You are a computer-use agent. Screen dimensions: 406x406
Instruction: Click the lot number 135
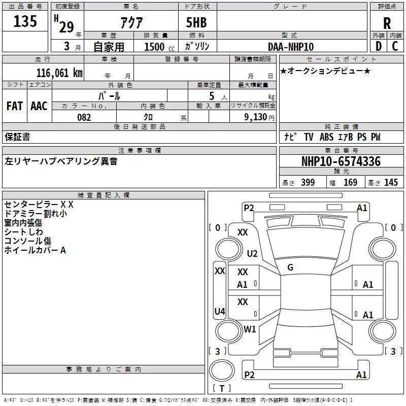coord(26,21)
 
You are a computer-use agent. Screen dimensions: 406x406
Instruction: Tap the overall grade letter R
coord(387,23)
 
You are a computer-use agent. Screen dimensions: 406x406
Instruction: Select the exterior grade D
coord(378,46)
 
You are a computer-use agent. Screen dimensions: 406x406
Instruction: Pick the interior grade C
coord(395,46)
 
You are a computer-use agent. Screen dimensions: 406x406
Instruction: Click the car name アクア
coord(131,22)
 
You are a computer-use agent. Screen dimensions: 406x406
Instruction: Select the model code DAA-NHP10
coord(291,46)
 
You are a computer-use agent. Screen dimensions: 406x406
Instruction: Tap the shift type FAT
coord(14,106)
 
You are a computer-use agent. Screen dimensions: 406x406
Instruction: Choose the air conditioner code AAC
coord(39,106)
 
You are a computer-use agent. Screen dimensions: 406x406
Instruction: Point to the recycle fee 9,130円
coord(259,117)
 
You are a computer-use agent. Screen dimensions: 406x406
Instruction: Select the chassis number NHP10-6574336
coord(341,162)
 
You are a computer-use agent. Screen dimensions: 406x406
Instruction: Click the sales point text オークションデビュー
coord(325,71)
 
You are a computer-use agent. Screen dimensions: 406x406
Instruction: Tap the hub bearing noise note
coord(60,161)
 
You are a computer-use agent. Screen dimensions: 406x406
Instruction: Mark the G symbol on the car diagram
coord(290,267)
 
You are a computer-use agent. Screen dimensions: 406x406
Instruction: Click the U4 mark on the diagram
coord(220,311)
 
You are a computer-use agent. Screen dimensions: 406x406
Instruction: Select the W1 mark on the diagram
coord(250,329)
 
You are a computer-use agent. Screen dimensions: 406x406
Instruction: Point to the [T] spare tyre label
coord(222,388)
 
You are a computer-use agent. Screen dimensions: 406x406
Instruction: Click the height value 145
coord(391,183)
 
